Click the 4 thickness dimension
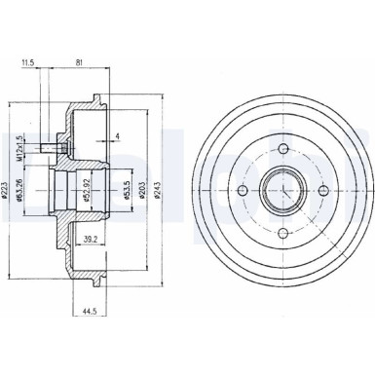point(116,135)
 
